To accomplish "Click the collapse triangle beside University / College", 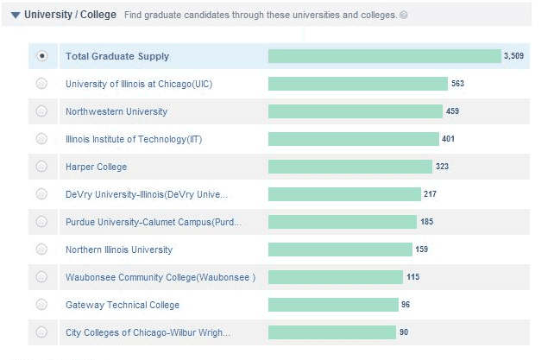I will click(x=16, y=15).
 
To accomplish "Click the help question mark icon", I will click(x=404, y=16).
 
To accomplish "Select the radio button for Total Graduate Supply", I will click(x=41, y=56).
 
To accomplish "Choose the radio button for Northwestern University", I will click(x=41, y=111).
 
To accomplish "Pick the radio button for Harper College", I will click(x=41, y=167).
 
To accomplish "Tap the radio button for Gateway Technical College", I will click(x=41, y=305).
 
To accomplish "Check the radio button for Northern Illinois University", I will click(x=41, y=249).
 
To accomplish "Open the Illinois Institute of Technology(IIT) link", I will click(x=134, y=139).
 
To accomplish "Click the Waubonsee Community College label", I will click(x=161, y=277).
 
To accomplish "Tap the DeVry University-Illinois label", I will click(x=147, y=194).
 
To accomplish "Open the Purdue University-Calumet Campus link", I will click(x=154, y=222).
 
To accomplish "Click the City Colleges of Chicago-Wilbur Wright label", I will click(x=148, y=332).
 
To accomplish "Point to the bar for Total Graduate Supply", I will click(x=384, y=56).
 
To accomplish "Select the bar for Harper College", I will click(x=350, y=167).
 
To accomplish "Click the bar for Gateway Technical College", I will click(x=333, y=305).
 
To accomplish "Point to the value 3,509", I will click(x=513, y=56).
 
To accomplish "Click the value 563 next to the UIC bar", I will click(x=457, y=84).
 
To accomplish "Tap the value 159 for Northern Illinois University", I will click(x=422, y=249).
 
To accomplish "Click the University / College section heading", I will click(x=70, y=15).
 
